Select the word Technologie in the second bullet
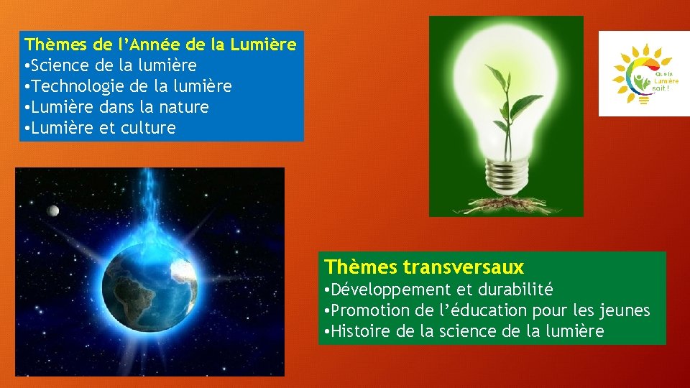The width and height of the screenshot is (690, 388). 77,86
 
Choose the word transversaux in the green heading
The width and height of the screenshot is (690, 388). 464,267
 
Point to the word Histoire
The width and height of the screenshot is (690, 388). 360,331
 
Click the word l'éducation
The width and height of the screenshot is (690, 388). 480,310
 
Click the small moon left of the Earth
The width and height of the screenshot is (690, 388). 52,210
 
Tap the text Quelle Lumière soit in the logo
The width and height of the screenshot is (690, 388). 666,80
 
